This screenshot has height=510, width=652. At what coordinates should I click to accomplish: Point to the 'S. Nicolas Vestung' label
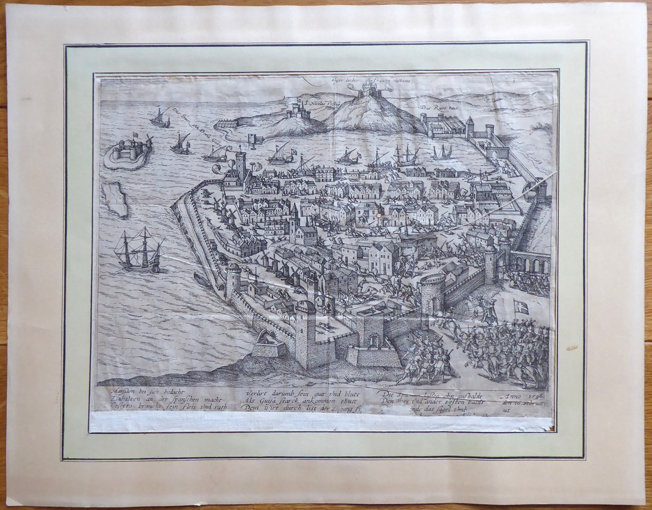tap(318, 103)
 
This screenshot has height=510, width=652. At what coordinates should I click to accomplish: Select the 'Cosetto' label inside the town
tap(362, 240)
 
